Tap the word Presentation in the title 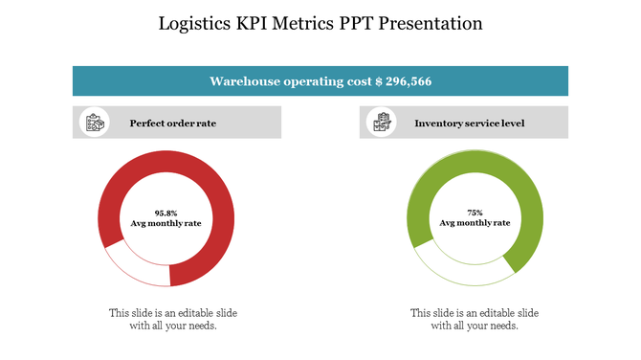coord(431,23)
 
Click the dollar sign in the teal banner coord(380,81)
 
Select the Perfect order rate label coord(173,124)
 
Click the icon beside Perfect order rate coord(94,124)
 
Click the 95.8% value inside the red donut coord(166,213)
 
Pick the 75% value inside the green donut coord(475,213)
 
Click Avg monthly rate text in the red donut coord(166,223)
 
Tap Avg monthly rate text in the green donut coord(475,223)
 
